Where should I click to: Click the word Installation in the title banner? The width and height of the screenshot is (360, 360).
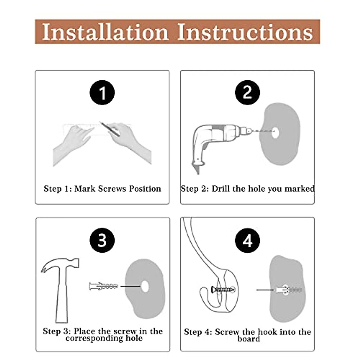click(x=105, y=31)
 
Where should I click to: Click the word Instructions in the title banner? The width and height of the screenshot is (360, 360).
click(x=245, y=31)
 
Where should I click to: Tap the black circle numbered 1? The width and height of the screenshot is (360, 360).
click(x=102, y=92)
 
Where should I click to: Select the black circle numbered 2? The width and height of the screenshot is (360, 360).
click(x=247, y=92)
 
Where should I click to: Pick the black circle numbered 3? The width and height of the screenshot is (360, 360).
click(x=102, y=240)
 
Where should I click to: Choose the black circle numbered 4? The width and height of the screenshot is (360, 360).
click(x=247, y=240)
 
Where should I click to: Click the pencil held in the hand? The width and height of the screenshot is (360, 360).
click(x=110, y=129)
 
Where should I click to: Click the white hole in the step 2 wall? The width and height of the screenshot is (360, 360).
click(x=275, y=133)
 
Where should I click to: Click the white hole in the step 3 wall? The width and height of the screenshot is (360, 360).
click(x=145, y=286)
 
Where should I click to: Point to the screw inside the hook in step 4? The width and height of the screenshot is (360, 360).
click(x=222, y=290)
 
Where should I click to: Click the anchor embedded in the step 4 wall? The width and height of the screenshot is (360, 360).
click(x=289, y=290)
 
